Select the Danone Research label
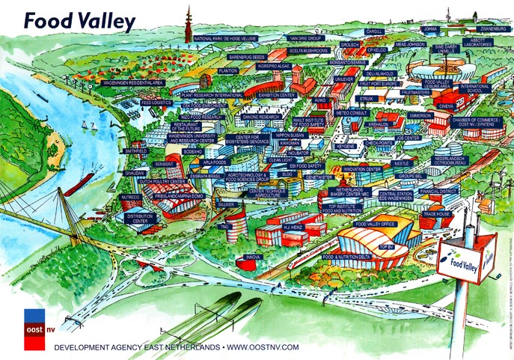point(261,118)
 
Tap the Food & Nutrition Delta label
point(346,257)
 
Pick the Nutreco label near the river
point(130,198)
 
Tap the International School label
point(475,88)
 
